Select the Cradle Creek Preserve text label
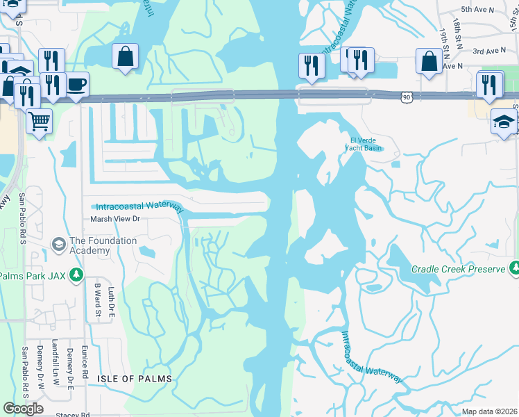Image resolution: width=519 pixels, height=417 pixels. [458, 268]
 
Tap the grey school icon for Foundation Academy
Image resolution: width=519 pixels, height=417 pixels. [58, 245]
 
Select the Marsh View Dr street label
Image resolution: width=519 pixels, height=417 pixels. [116, 219]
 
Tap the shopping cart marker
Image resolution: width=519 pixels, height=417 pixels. [40, 122]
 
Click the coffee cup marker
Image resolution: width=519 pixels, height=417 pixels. [76, 85]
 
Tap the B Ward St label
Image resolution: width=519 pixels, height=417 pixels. [98, 300]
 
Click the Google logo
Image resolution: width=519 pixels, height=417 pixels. [23, 409]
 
